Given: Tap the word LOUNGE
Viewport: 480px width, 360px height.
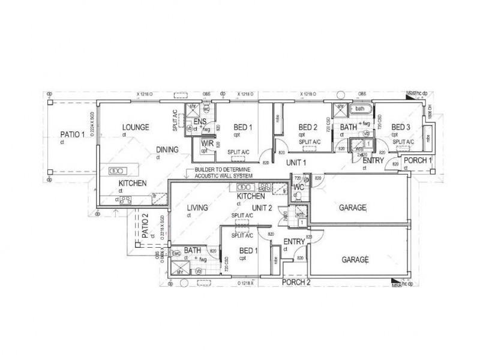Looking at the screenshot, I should coord(136,127).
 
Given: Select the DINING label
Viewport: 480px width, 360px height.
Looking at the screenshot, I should coord(167,150).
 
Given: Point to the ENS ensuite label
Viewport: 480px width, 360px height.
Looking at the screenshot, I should coord(200,121).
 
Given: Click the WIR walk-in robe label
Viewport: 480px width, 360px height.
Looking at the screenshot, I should coord(208,144).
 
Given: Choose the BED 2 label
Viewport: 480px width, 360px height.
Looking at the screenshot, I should coord(307,127).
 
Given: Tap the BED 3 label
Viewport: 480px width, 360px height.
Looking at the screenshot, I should coord(400,127).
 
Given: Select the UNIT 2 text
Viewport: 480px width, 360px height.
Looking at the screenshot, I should coord(263,208).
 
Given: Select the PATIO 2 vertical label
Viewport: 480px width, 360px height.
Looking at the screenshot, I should coord(145,226).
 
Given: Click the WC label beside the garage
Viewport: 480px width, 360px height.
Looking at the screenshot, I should coord(299,188).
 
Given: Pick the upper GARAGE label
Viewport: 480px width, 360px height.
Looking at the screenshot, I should coord(354,207).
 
